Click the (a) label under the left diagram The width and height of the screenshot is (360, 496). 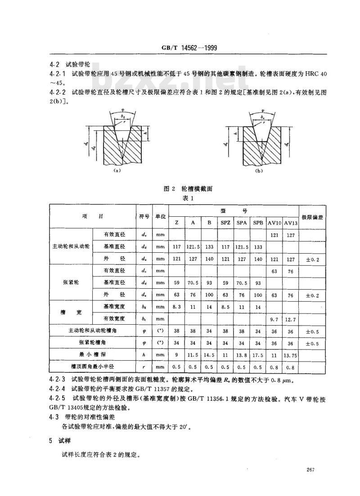pyautogui.click(x=117, y=171)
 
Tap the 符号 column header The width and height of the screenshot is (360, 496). pyautogui.click(x=144, y=216)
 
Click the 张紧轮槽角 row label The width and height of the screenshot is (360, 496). pyautogui.click(x=92, y=343)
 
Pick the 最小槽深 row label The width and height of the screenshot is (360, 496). pyautogui.click(x=92, y=354)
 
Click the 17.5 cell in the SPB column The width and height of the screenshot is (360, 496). pyautogui.click(x=258, y=354)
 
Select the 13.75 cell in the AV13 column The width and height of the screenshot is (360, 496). pyautogui.click(x=291, y=354)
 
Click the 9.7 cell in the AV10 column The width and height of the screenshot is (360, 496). pyautogui.click(x=274, y=319)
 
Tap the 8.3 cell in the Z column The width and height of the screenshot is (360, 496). pyautogui.click(x=176, y=307)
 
